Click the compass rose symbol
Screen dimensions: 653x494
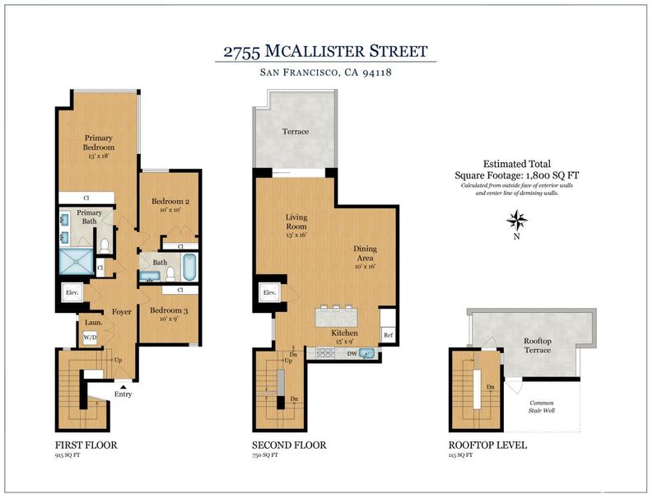tap(517, 221)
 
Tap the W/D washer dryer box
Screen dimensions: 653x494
tap(90, 337)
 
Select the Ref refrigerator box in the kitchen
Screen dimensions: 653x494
tap(388, 334)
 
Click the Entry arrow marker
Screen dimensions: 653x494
tap(124, 387)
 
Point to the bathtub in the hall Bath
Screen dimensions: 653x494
tap(189, 267)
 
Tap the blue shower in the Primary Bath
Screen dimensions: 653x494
tap(77, 262)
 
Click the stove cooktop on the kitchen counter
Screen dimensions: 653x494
tap(324, 352)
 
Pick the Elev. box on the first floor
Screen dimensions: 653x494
tap(72, 292)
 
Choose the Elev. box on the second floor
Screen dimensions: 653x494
tap(269, 292)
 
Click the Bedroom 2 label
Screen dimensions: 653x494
tap(170, 201)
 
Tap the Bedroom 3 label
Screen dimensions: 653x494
tap(169, 310)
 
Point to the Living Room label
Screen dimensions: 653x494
tap(296, 221)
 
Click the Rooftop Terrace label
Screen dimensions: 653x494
tap(538, 345)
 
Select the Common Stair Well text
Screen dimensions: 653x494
tap(542, 407)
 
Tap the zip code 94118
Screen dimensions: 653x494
tap(377, 72)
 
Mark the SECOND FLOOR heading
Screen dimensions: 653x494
tap(289, 445)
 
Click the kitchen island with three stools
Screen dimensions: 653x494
tap(337, 317)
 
